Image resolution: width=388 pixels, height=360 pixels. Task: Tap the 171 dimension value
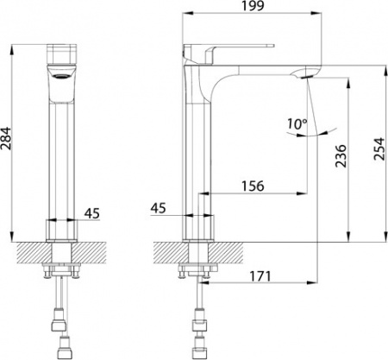click(x=263, y=277)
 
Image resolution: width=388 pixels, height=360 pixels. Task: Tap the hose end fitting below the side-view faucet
click(x=200, y=346)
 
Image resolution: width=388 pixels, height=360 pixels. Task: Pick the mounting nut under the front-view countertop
click(x=61, y=275)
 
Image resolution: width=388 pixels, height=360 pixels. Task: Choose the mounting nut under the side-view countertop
click(x=195, y=275)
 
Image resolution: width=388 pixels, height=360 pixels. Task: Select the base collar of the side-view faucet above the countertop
click(x=198, y=228)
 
